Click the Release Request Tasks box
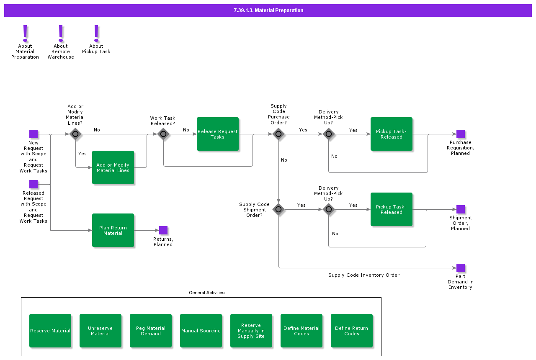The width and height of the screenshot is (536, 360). coord(217,134)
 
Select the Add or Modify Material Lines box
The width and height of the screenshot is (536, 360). coord(113,167)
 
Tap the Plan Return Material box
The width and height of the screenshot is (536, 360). coord(113,230)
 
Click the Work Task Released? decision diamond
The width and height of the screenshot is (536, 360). coord(163,134)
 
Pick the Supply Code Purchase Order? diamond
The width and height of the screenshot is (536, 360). coord(278,134)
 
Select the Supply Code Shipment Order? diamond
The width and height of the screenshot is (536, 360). coord(278,210)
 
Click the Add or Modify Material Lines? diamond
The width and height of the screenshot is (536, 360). coord(75,134)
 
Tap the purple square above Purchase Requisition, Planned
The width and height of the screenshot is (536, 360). coord(461,134)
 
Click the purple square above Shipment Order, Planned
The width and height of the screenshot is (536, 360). coord(461,209)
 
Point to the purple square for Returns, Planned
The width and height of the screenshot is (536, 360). coord(163,230)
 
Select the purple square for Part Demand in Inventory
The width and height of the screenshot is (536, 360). coord(461,268)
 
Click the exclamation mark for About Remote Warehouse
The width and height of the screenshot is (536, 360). coord(61,33)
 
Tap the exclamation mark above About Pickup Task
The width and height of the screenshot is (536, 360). coord(96,33)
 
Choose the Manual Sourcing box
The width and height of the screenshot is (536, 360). coord(201,331)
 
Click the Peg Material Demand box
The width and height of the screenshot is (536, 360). coord(151,331)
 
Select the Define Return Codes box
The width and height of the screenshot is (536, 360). coord(352,331)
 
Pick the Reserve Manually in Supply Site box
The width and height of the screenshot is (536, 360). coord(251,331)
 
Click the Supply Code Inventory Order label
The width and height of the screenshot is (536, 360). coord(364,275)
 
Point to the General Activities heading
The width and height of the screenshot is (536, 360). coord(207,293)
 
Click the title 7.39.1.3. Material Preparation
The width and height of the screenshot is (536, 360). coord(268,10)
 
